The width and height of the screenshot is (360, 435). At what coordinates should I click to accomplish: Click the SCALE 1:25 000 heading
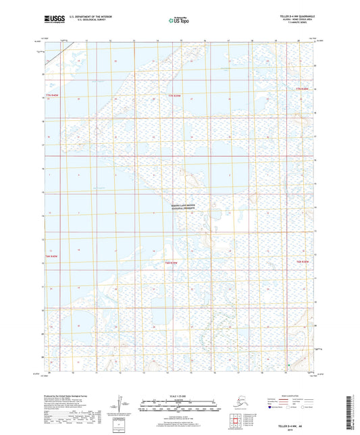tap(179, 394)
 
